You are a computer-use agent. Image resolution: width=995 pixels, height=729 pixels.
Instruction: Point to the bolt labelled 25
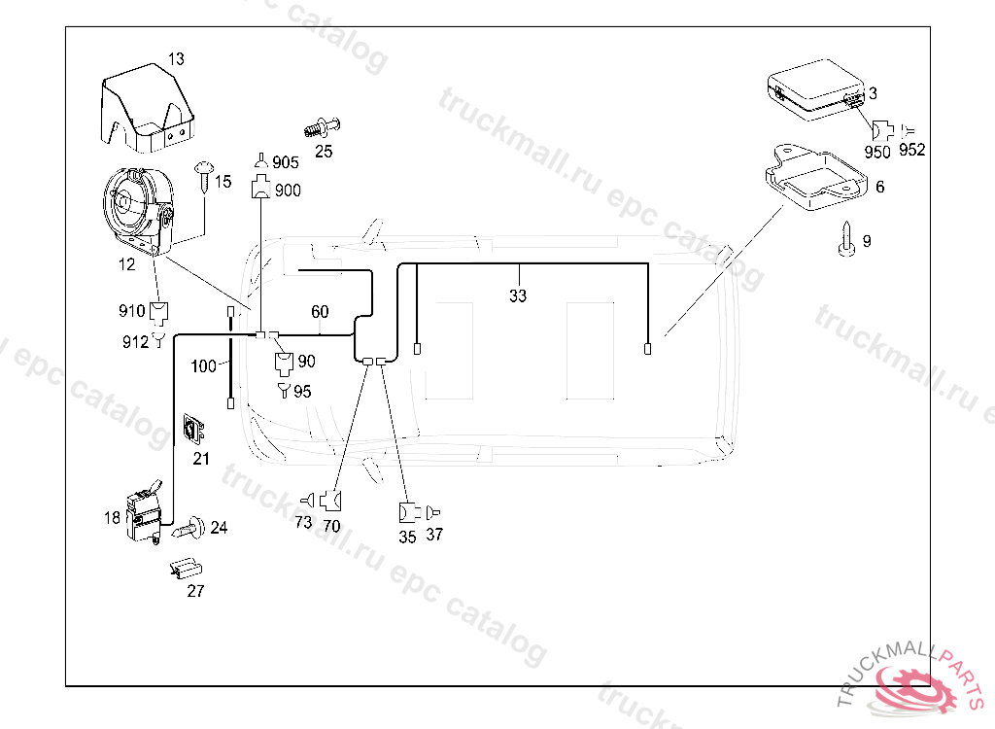click(323, 127)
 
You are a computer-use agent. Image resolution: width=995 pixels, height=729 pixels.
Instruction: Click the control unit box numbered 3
click(816, 89)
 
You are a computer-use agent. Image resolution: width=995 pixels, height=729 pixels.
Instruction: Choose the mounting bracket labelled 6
click(816, 177)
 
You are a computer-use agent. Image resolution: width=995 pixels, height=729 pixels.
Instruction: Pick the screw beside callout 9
click(846, 239)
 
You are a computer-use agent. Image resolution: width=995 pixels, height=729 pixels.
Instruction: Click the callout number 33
click(518, 295)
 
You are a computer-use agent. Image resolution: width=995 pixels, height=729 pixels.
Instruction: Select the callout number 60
click(320, 311)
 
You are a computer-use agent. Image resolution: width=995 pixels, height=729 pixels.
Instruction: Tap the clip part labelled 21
click(193, 430)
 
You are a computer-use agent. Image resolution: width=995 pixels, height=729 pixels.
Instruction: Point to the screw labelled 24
click(189, 527)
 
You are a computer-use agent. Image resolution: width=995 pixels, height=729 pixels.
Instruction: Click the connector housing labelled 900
click(260, 188)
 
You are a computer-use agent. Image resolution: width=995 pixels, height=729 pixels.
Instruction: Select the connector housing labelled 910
click(158, 311)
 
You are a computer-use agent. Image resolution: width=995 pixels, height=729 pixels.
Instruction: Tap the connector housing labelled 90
click(284, 363)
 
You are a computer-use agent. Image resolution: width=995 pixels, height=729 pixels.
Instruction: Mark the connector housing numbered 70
click(330, 501)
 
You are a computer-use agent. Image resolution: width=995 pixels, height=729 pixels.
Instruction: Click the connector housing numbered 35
click(409, 512)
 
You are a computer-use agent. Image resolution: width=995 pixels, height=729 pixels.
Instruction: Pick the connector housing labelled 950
click(882, 131)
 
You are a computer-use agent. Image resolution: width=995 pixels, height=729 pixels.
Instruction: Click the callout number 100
click(204, 365)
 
